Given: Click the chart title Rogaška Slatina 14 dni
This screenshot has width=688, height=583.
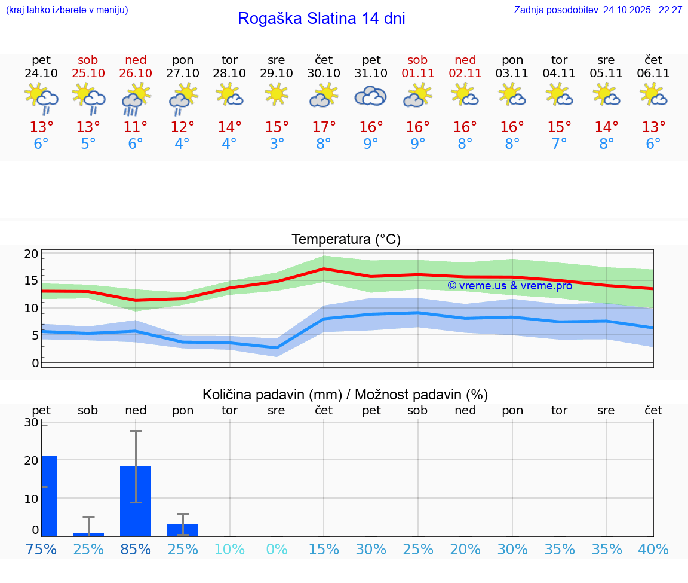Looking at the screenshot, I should point(321,19).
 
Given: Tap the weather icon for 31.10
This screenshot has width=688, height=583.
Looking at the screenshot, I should point(370,96).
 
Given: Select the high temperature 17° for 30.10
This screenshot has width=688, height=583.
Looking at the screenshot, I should point(324,127).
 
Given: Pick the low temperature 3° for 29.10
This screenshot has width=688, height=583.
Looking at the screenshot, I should point(277,144).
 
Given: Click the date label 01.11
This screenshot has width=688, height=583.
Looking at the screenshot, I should point(417,74).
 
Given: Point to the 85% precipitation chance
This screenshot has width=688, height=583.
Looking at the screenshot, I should point(136,549).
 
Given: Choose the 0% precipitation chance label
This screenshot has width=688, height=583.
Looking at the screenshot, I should point(277,549).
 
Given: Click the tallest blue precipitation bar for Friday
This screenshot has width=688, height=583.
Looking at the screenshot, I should point(49,496).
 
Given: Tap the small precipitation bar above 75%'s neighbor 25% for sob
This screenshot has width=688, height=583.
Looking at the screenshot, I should point(88,534).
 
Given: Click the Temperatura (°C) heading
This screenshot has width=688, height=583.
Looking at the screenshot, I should point(346,240).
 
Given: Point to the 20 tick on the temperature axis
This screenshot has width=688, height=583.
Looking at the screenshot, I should point(31,254).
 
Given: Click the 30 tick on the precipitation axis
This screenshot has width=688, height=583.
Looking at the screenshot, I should point(31,422).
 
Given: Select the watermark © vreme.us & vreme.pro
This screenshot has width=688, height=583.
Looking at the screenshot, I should point(510,286).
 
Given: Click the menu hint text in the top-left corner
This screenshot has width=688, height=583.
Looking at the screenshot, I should point(67,10).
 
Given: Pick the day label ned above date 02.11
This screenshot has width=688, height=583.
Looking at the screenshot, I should point(465,60).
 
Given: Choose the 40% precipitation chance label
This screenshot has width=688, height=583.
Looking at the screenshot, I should point(653,549).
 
